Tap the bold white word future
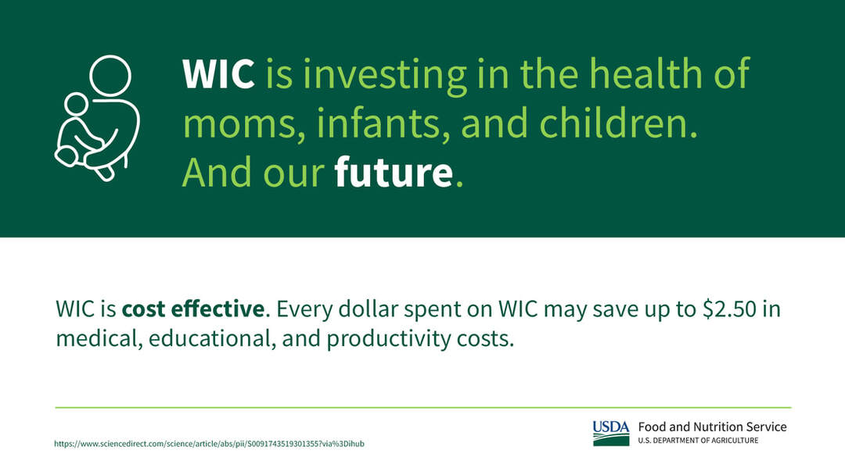(x=394, y=172)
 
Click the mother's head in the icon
(x=110, y=76)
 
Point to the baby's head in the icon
(x=77, y=104)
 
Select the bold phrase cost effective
(x=193, y=309)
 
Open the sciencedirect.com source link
(x=209, y=444)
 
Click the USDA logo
(x=611, y=433)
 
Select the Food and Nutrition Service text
(x=713, y=427)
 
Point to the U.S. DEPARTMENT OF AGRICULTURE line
(x=699, y=441)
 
